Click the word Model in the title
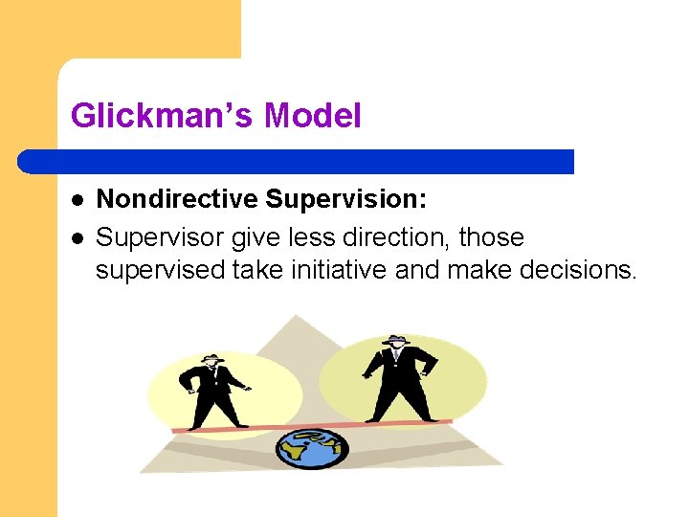313,117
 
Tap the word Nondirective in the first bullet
177,199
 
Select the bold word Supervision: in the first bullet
346,199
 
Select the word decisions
578,270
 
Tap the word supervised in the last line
161,270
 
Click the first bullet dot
77,201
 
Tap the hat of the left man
212,358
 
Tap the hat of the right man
395,340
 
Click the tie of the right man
395,357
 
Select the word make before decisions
478,270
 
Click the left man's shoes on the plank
215,427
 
